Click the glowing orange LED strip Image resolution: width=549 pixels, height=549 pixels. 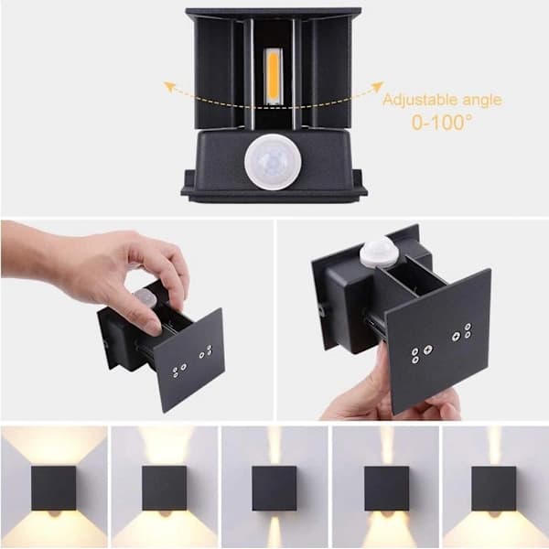pos(273,76)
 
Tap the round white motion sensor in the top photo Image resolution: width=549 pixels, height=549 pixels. pos(273,162)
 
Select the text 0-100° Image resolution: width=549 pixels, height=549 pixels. pos(442,123)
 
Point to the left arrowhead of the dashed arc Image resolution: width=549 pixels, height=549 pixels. pos(169,87)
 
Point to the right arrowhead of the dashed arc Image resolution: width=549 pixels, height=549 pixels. pos(377,86)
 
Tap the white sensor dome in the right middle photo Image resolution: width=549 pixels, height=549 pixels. pos(374,251)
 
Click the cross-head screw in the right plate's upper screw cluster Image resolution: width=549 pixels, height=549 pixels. pos(457,337)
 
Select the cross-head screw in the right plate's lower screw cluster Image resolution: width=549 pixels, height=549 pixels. pos(427,350)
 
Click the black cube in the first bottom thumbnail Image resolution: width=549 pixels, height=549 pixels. pos(54,488)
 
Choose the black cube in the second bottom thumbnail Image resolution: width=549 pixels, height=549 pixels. pos(164,488)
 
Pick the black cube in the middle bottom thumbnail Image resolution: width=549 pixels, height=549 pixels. pos(274,488)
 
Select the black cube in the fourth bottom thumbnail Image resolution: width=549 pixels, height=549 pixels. pos(386,488)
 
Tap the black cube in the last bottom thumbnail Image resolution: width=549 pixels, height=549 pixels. pos(494,488)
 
